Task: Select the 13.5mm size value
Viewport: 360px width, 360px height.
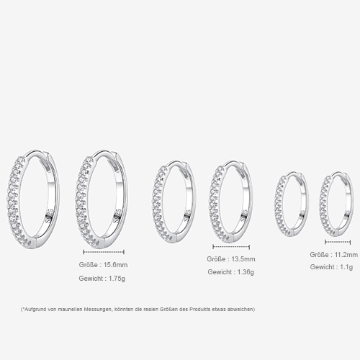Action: (x=242, y=258)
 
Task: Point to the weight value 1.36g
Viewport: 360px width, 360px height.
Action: (x=242, y=271)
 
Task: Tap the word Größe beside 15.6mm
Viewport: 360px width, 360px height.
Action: (x=88, y=265)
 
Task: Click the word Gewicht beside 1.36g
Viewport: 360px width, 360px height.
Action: (x=219, y=271)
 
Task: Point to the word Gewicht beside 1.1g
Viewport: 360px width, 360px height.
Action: (x=321, y=266)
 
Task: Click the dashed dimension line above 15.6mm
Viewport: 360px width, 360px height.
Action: (x=104, y=251)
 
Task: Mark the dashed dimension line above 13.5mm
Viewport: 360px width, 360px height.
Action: (x=232, y=246)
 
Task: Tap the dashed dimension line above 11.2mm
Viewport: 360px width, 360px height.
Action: (x=337, y=241)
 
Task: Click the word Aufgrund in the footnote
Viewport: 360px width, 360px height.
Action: (x=37, y=309)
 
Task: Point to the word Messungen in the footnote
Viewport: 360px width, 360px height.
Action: (x=96, y=309)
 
